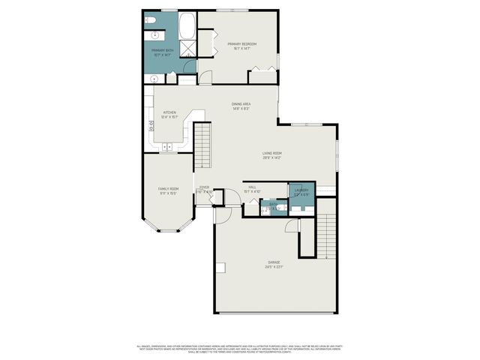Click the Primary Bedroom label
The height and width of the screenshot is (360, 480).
click(242, 44)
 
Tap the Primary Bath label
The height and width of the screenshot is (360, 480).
click(162, 50)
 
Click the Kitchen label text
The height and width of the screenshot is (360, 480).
click(169, 112)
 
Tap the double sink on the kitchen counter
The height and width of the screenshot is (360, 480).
click(169, 144)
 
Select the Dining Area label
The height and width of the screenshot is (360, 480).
click(241, 104)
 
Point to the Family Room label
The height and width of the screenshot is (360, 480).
click(168, 189)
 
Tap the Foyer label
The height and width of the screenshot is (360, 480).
click(204, 187)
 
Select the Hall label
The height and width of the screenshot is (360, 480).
click(253, 187)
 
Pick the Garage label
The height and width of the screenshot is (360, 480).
click(272, 262)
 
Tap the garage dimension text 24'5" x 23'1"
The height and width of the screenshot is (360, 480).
click(272, 267)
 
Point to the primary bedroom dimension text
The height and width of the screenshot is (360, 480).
click(242, 49)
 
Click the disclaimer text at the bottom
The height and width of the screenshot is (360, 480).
click(239, 349)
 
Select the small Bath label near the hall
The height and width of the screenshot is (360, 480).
click(274, 204)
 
